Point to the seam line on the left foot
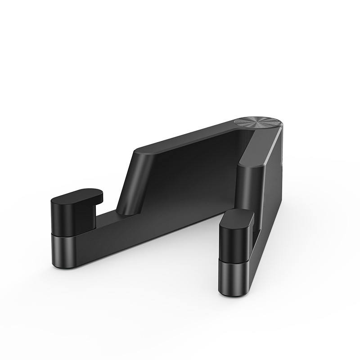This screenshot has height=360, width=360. coord(67,235)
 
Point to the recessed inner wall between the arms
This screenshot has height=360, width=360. coord(193,175)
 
